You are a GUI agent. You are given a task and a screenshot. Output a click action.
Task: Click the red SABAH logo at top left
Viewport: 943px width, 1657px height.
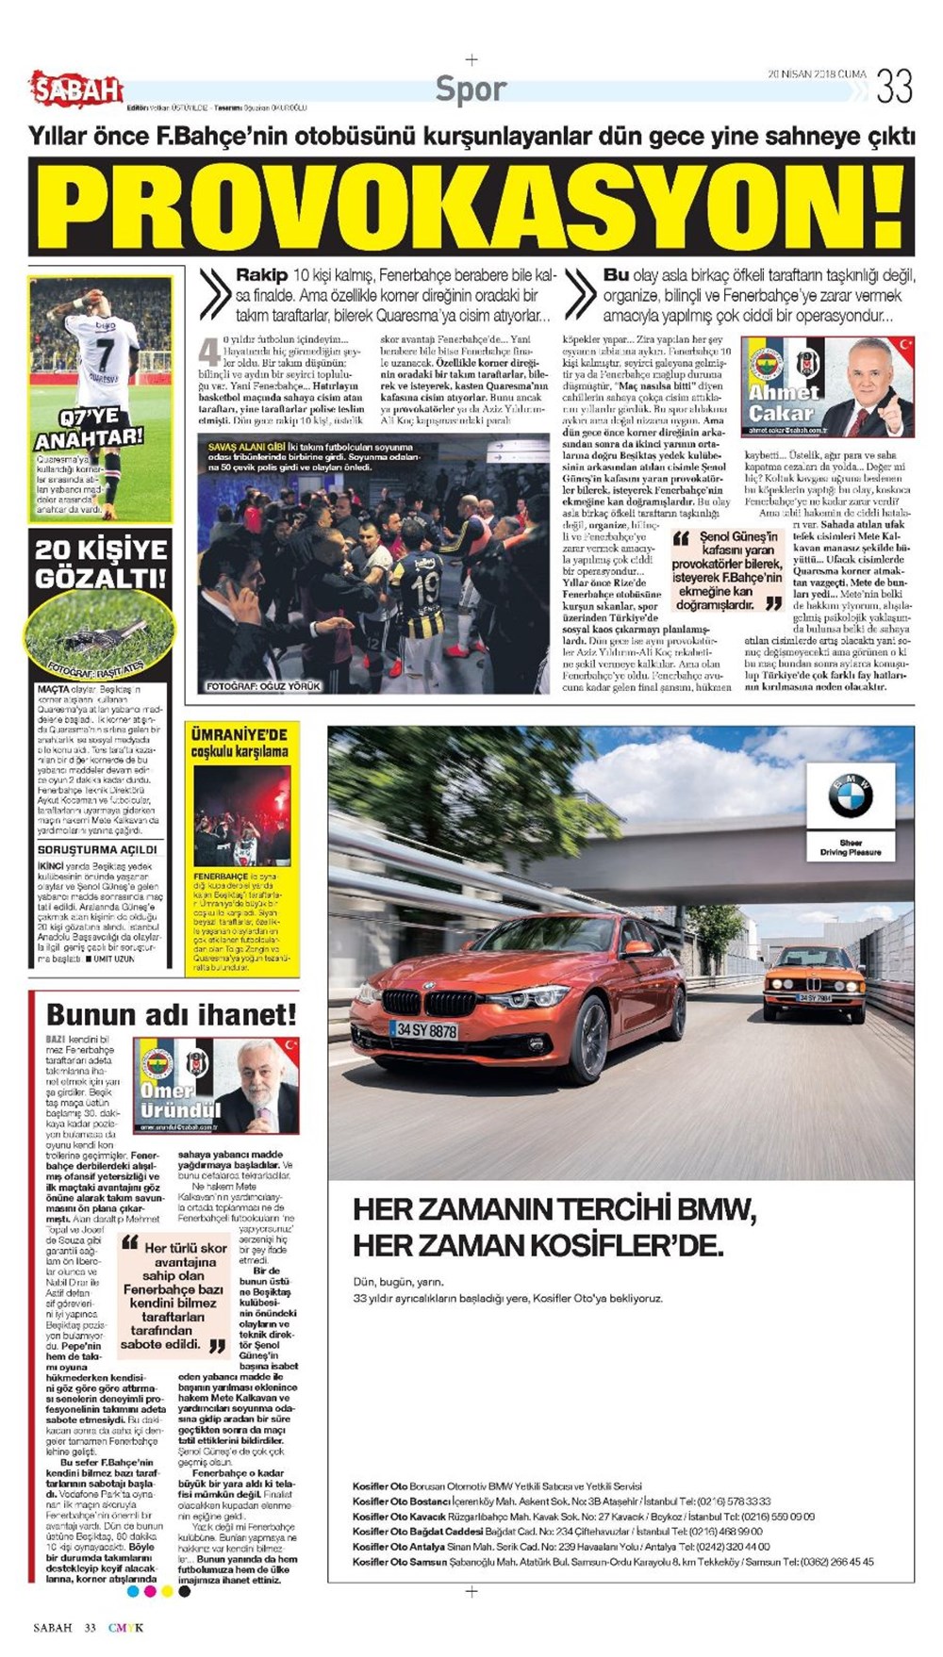[x=77, y=90]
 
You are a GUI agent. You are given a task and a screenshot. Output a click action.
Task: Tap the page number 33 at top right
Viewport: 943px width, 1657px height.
[x=894, y=87]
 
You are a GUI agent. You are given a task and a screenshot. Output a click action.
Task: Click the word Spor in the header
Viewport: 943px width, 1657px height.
[x=471, y=90]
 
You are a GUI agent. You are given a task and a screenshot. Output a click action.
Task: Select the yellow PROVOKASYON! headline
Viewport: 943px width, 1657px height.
[x=471, y=206]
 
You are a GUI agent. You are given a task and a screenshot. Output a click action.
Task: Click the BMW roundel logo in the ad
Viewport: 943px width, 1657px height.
[x=850, y=796]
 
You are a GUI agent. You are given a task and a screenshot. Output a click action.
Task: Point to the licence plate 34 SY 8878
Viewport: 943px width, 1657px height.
[x=427, y=1030]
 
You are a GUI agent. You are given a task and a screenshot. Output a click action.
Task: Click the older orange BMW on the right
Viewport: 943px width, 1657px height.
[x=814, y=982]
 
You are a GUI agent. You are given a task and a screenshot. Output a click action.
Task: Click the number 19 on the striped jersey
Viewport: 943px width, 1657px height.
[x=424, y=588]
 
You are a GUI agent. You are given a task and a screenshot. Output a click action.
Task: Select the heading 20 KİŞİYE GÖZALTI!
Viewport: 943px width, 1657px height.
[x=101, y=563]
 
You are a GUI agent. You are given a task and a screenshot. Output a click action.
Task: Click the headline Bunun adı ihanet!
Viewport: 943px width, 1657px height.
[x=172, y=1014]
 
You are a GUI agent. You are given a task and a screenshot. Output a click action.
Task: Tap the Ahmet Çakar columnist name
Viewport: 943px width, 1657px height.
[x=783, y=402]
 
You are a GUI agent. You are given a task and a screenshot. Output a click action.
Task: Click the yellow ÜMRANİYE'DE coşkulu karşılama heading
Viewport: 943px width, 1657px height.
[x=240, y=742]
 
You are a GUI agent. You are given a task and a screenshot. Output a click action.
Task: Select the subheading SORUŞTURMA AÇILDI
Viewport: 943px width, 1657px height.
[x=97, y=849]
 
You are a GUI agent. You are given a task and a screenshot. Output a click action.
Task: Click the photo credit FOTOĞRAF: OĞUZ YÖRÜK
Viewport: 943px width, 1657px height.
[x=264, y=686]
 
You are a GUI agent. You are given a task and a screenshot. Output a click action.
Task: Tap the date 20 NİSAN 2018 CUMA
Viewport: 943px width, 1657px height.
[x=817, y=74]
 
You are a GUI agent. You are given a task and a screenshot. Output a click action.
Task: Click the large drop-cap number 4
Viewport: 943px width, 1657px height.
[x=208, y=352]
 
